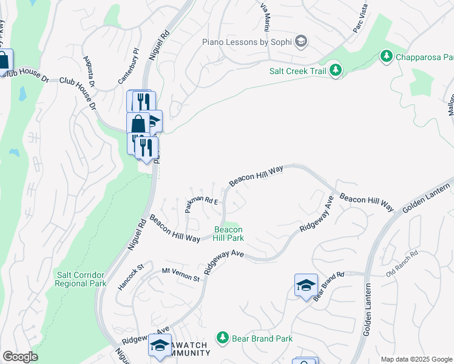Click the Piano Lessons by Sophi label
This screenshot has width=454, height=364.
coord(247,42)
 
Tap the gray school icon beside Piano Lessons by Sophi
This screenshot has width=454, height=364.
coord(301,42)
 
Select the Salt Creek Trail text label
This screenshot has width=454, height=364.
coord(298,71)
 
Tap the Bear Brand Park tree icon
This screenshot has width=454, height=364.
coord(223,338)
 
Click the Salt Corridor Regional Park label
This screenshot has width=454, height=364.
coord(80,279)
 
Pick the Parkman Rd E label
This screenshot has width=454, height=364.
coord(201,204)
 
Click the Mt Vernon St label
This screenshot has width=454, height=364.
coord(181,274)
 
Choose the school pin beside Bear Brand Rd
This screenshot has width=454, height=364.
coord(307,286)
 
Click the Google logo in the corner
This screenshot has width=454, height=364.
coord(20,357)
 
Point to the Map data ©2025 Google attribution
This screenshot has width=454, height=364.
coord(416,359)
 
